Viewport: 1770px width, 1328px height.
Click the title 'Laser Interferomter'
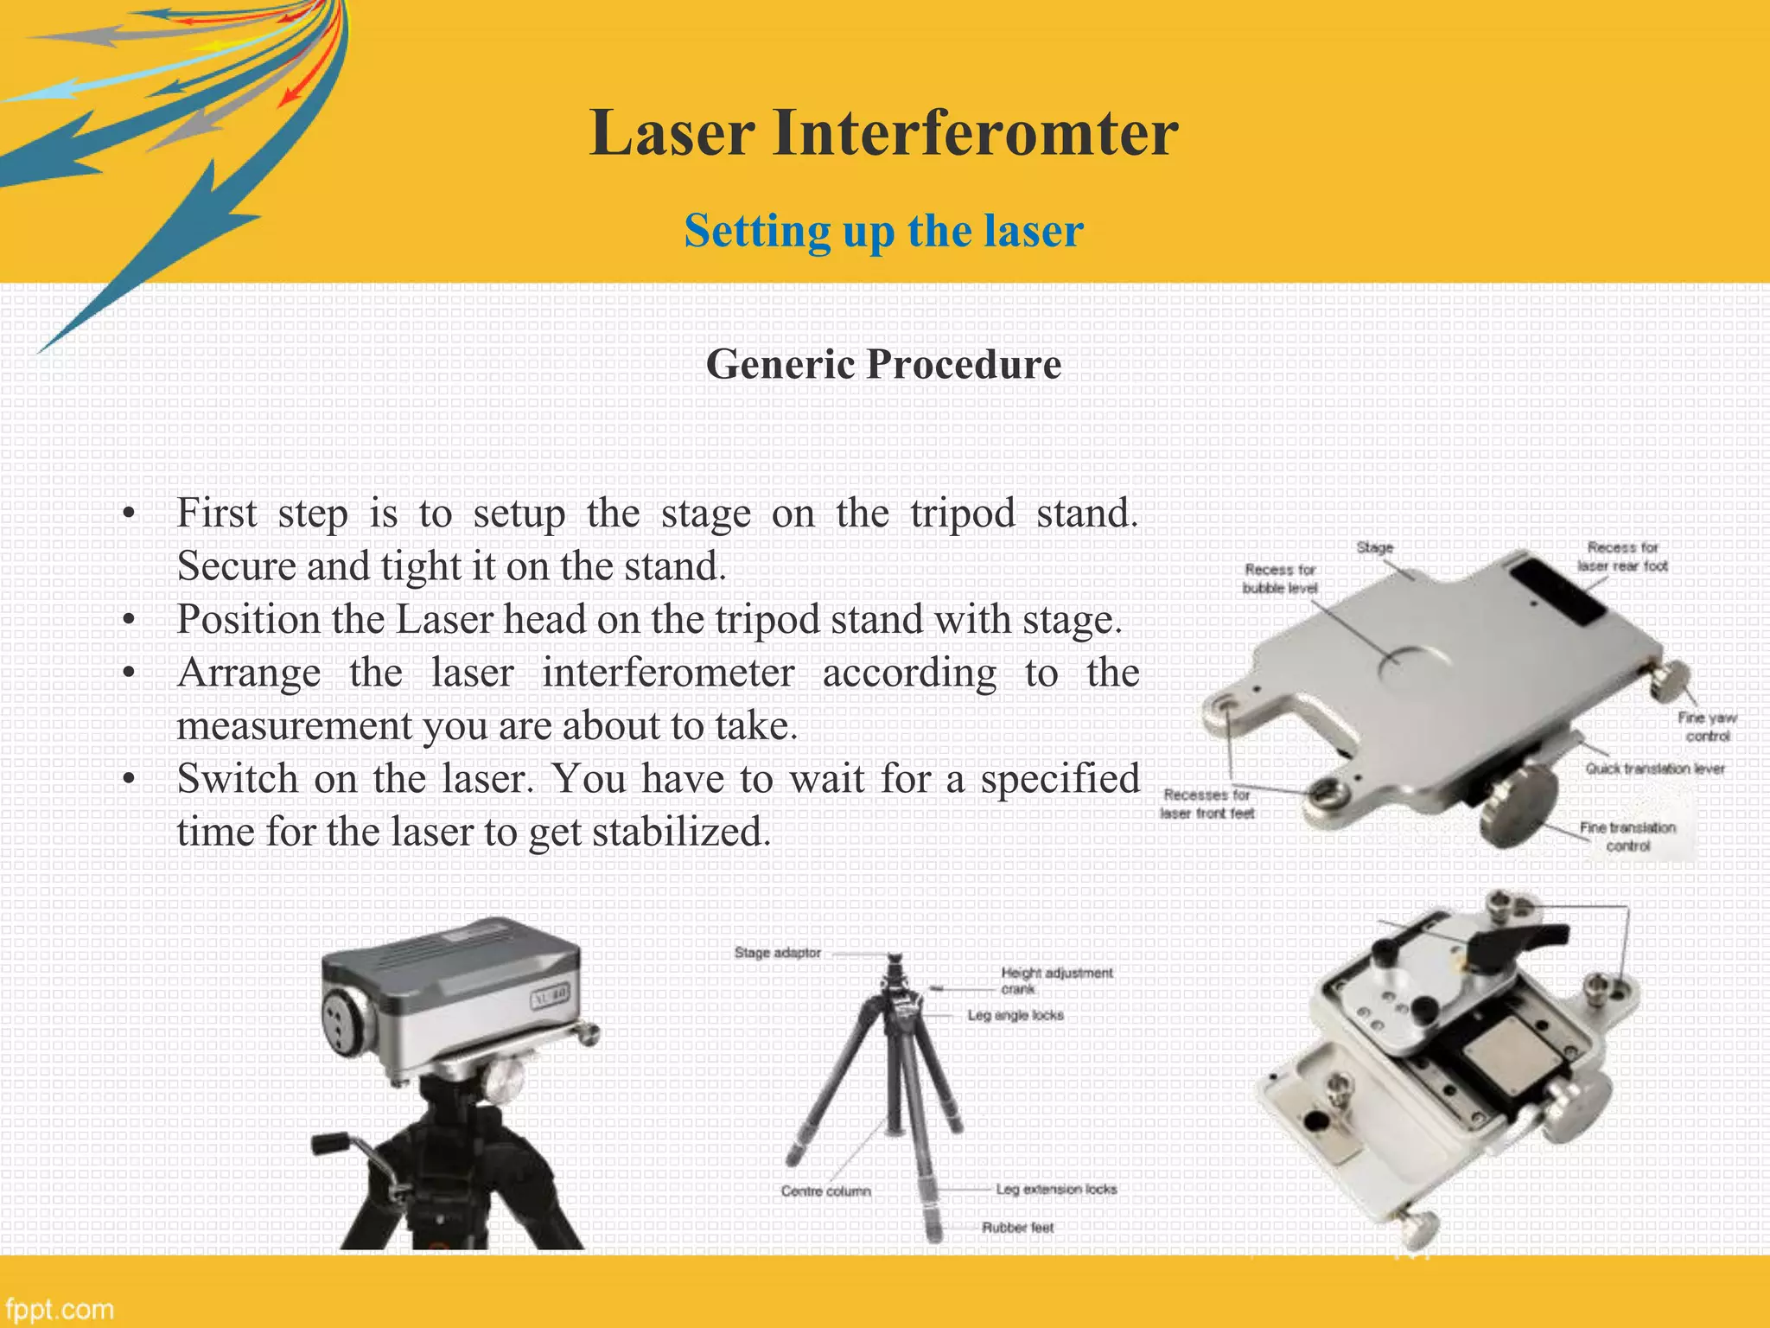883,133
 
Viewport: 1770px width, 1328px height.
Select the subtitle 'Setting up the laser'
883,232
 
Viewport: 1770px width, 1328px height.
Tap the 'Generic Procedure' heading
883,364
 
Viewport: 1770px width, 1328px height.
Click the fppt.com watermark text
59,1309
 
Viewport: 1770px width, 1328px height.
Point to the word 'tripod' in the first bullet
962,514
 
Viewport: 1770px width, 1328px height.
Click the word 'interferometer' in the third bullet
667,674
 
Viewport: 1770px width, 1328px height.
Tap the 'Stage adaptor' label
777,953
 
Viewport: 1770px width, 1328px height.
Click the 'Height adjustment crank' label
1055,980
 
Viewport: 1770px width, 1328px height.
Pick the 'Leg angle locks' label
1015,1015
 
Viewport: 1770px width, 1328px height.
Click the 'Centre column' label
825,1191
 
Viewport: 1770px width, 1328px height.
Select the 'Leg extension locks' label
1055,1190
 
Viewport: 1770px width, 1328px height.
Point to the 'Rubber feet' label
1017,1228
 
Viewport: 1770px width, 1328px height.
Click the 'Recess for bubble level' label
1280,578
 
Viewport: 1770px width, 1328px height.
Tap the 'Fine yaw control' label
1707,726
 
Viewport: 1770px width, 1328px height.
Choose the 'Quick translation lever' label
1654,769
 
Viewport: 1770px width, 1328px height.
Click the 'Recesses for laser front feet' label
1207,803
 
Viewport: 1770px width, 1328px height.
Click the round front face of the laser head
346,1022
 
